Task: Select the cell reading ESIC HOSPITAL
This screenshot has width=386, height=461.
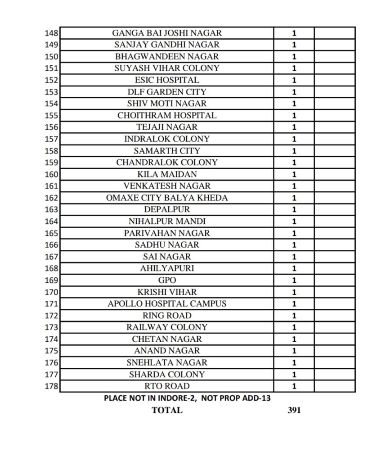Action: coord(167,80)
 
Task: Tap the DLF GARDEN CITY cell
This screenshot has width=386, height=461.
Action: coord(167,92)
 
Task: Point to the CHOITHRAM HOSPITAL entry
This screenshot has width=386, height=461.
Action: coord(167,115)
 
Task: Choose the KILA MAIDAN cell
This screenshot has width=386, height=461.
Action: coord(167,174)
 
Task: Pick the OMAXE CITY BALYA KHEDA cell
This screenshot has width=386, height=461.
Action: coord(167,198)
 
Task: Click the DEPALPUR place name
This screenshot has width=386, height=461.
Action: coord(167,209)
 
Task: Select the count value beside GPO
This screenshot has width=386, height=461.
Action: coord(294,280)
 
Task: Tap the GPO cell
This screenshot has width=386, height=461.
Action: coord(167,280)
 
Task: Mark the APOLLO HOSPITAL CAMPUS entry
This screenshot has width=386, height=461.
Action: coord(167,303)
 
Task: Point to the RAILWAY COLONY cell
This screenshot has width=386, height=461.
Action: coord(167,327)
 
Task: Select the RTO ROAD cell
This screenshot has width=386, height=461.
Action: coord(167,386)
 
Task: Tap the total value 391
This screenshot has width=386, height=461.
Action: coord(294,410)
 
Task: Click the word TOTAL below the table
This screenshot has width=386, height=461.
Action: coord(167,410)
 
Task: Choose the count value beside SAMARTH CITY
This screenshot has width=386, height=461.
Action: coord(294,151)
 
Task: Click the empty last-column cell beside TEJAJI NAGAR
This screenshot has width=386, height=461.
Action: coord(335,127)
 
